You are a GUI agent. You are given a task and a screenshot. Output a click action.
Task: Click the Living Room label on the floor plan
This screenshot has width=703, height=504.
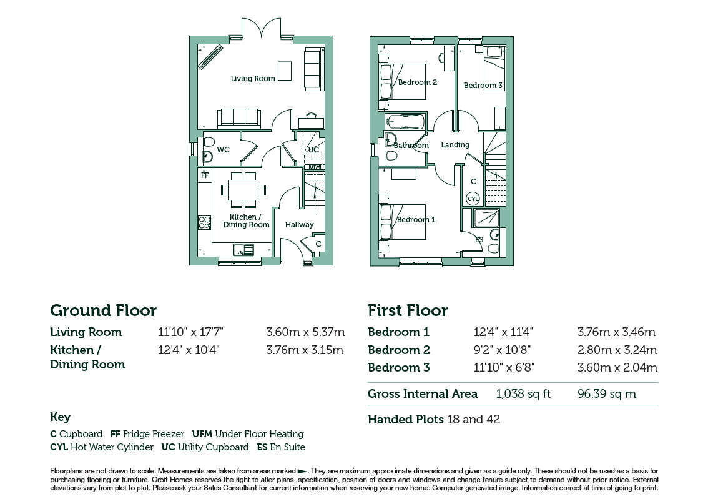pyautogui.click(x=253, y=79)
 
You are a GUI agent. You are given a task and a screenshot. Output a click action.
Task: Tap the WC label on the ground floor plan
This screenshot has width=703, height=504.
pyautogui.click(x=224, y=149)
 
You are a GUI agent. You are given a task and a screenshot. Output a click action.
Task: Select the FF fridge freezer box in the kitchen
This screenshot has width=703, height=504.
pyautogui.click(x=205, y=175)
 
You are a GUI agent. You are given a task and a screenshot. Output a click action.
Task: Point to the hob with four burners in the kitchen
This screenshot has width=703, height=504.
pyautogui.click(x=205, y=223)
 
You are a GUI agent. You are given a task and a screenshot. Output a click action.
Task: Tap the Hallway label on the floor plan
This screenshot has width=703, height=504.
pyautogui.click(x=300, y=225)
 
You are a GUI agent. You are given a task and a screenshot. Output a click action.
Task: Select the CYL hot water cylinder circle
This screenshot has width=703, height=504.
pyautogui.click(x=473, y=199)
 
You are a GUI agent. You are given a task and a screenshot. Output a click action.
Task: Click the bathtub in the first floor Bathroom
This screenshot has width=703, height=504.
pyautogui.click(x=405, y=121)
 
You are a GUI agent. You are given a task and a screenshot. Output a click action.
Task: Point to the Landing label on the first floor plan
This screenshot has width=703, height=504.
pyautogui.click(x=455, y=144)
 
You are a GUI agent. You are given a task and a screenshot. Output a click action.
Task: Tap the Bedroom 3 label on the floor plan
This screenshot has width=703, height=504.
pyautogui.click(x=483, y=85)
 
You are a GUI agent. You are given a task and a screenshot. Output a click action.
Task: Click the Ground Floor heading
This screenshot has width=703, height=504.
pyautogui.click(x=103, y=310)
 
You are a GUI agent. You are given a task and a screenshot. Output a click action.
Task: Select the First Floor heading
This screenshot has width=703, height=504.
pyautogui.click(x=408, y=310)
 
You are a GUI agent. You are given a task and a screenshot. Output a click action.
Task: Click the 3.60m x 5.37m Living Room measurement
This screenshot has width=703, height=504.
pyautogui.click(x=305, y=332)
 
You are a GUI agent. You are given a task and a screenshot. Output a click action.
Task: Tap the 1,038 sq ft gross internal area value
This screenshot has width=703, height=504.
pyautogui.click(x=523, y=393)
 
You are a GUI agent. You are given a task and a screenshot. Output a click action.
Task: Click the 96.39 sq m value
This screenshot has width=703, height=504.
pyautogui.click(x=607, y=393)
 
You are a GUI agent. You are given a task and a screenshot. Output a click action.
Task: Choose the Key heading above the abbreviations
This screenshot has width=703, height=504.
pyautogui.click(x=60, y=417)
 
